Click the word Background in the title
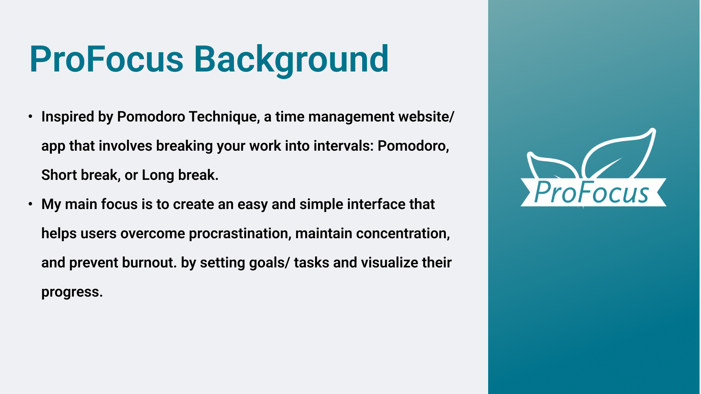pyautogui.click(x=291, y=60)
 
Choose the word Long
pyautogui.click(x=158, y=175)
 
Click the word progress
pyautogui.click(x=72, y=292)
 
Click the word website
pyautogui.click(x=426, y=117)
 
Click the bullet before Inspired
pyautogui.click(x=31, y=117)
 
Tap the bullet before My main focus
pyautogui.click(x=31, y=204)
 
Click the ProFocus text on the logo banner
pyautogui.click(x=591, y=192)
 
